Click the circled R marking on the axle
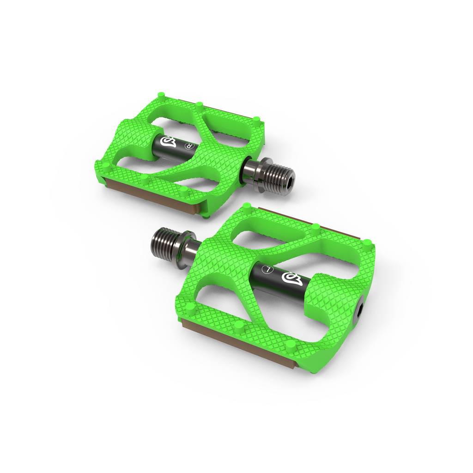tap(188, 146)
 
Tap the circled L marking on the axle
tap(266, 268)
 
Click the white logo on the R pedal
tap(168, 140)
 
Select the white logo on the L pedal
tap(289, 277)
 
